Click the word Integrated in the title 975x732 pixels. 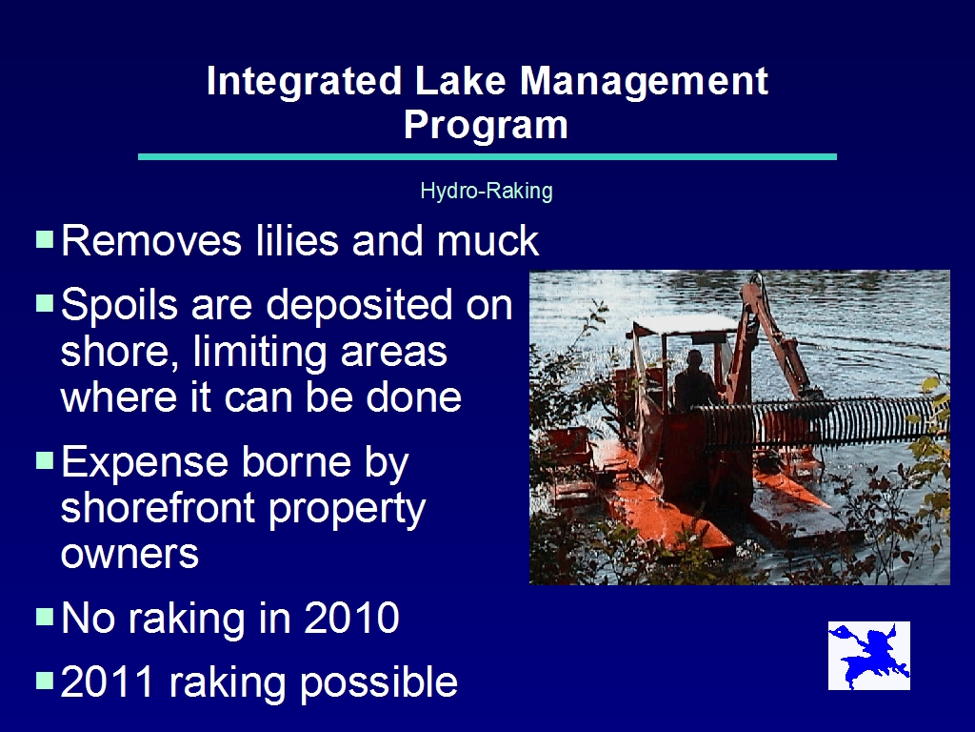(304, 81)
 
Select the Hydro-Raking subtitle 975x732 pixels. (487, 191)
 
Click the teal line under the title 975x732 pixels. (487, 157)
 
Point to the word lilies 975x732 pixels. (297, 240)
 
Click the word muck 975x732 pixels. (487, 240)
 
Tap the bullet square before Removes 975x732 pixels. (45, 238)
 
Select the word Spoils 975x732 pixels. (119, 306)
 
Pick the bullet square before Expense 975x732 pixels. (45, 460)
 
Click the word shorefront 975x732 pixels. (158, 507)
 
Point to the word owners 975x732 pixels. (129, 554)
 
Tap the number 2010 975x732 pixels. (351, 618)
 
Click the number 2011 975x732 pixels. (107, 681)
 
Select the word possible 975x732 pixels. (379, 682)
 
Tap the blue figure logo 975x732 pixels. (869, 656)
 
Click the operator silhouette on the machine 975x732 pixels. (695, 381)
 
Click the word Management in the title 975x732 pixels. (644, 81)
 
